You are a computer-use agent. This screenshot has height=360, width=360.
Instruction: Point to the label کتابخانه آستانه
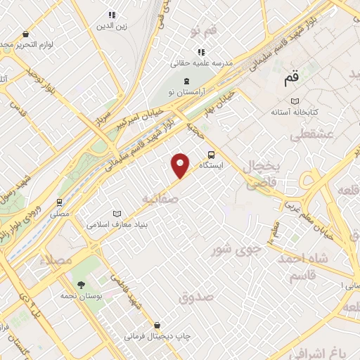[x=295, y=112]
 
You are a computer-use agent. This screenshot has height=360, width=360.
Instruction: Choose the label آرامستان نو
[x=186, y=92]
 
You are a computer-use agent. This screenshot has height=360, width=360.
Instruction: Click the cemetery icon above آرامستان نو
[x=186, y=81]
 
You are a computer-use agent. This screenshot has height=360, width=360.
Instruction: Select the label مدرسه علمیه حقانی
[x=201, y=63]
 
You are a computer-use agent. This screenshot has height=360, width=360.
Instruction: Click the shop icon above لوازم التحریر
[x=26, y=34]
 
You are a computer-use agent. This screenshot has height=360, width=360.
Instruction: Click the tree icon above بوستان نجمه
[x=82, y=285]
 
